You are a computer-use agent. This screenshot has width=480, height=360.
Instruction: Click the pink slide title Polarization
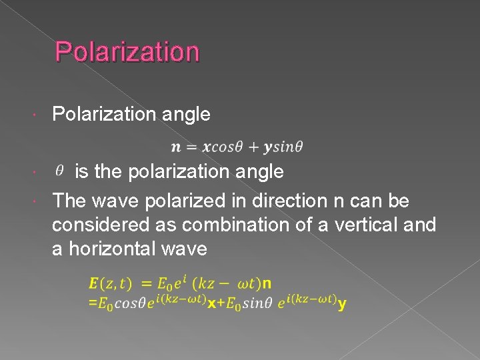tap(127, 51)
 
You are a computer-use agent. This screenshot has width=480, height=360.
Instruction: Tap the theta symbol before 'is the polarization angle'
tap(59, 171)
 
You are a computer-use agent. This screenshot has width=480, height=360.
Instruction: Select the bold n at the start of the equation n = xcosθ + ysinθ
tap(175, 147)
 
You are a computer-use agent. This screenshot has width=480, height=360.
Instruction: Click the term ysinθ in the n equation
tap(284, 147)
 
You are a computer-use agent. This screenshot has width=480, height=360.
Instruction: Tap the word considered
tap(99, 225)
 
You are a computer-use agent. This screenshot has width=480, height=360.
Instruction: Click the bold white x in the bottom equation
tap(211, 304)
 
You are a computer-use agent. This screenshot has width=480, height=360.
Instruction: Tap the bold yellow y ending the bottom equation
tap(341, 304)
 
